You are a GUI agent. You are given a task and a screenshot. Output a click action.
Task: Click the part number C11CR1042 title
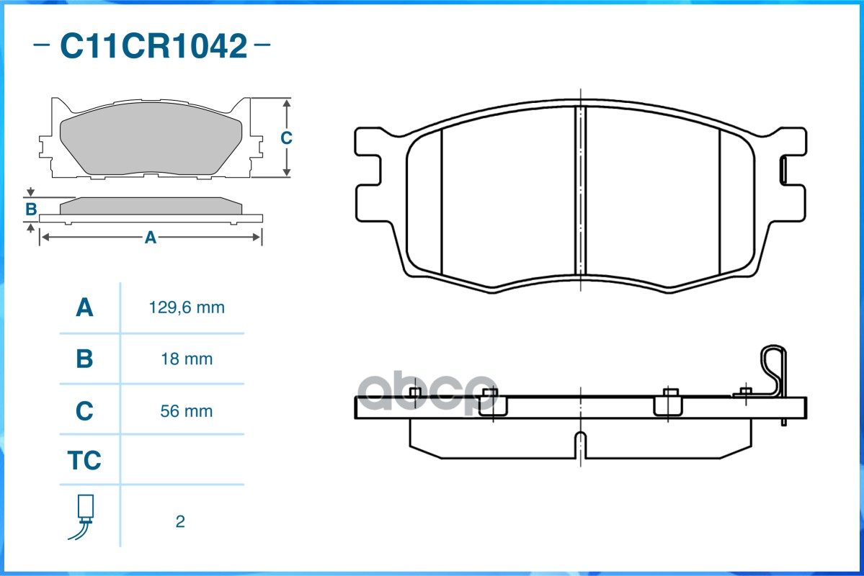tap(153, 46)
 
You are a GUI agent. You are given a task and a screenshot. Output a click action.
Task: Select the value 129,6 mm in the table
tap(187, 307)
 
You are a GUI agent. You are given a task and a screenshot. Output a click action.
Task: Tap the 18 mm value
tap(187, 359)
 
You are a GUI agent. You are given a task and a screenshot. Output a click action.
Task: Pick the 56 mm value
tap(187, 411)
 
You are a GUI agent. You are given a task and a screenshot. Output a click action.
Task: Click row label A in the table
tap(84, 307)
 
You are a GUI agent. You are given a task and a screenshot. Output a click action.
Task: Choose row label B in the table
tap(84, 359)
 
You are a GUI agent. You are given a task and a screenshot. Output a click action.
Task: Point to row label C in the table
tap(84, 411)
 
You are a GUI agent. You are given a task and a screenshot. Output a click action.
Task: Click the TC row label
tap(84, 460)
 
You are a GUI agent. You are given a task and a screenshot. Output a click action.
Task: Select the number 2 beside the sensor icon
tap(180, 521)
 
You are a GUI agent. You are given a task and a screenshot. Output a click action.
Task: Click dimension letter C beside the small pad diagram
tap(285, 138)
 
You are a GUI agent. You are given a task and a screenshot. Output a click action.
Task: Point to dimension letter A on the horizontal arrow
tap(151, 237)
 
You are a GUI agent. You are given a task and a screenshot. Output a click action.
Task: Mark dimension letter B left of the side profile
tap(31, 210)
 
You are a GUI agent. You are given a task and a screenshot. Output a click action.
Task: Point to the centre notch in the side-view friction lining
tap(581, 443)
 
